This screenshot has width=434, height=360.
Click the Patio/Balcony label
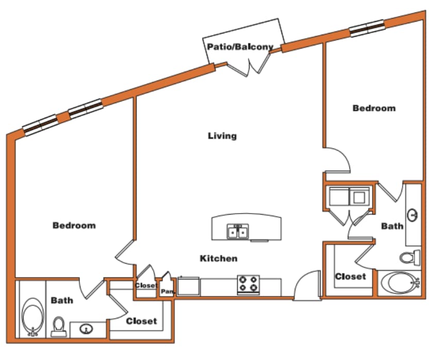[240, 47]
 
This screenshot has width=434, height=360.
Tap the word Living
[222, 136]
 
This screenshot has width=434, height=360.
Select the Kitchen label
[219, 258]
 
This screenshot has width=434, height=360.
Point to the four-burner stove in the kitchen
[248, 284]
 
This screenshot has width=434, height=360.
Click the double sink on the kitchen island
[238, 232]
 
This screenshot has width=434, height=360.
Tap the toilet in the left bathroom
[59, 326]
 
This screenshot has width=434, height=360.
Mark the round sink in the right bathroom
[413, 214]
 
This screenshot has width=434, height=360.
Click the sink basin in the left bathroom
[86, 328]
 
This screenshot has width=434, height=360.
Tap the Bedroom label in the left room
[74, 225]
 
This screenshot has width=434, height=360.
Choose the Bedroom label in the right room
[374, 108]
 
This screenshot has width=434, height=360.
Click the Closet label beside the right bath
[350, 276]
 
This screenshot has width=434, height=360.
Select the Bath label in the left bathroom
[61, 300]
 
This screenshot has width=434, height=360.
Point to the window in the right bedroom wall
[367, 28]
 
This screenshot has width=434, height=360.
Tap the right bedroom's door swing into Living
[339, 160]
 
